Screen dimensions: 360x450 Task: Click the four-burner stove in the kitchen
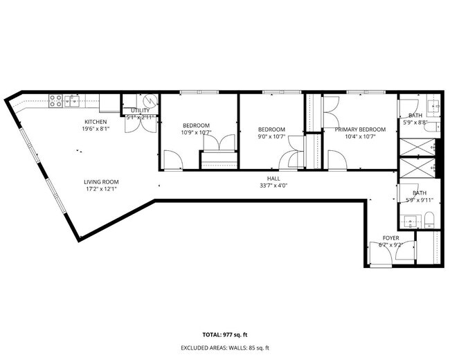(x=55, y=101)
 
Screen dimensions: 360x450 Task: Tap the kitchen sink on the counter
(x=73, y=102)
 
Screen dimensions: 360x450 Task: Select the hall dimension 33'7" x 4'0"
(x=274, y=185)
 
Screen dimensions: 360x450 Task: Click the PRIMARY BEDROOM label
(x=360, y=129)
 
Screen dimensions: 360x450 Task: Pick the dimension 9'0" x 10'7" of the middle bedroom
(x=271, y=136)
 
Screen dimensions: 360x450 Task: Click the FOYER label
(x=391, y=237)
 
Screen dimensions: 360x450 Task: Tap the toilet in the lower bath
(x=429, y=221)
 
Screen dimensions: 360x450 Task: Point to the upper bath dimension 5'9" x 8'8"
(x=415, y=123)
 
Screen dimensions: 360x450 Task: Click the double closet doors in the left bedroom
(x=218, y=143)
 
